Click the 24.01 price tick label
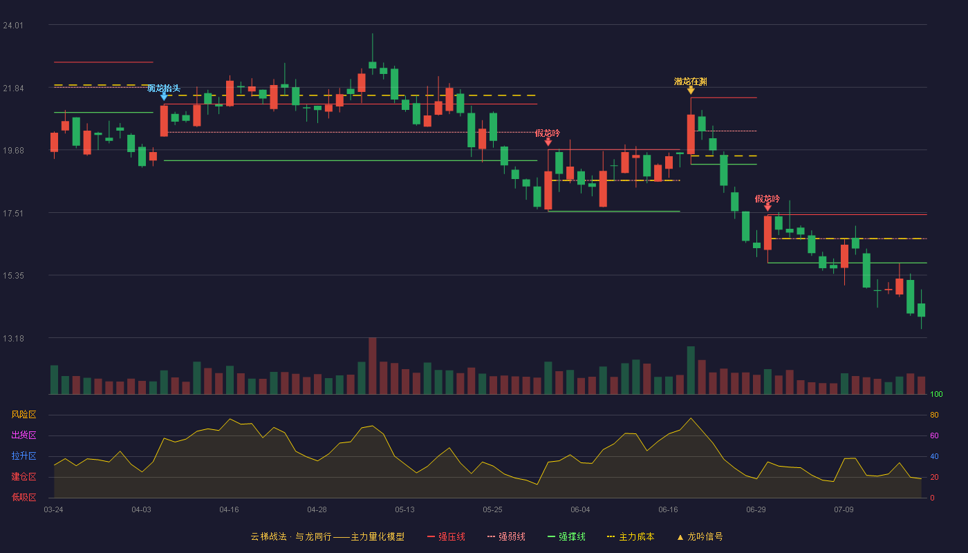point(13,26)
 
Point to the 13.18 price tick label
point(13,338)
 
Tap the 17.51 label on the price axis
point(13,214)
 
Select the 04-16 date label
point(229,510)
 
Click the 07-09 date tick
point(844,510)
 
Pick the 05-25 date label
point(492,510)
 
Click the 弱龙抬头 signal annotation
point(164,88)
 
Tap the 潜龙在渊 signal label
point(691,82)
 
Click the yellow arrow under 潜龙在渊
point(691,90)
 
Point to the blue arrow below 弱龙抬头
point(164,97)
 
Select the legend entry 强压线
point(446,536)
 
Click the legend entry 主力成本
point(631,536)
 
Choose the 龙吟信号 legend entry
point(700,536)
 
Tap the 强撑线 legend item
point(566,536)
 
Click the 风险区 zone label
point(24,415)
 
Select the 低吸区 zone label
point(24,498)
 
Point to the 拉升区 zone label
point(24,456)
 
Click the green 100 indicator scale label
point(936,394)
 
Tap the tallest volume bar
point(373,366)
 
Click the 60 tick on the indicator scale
point(934,435)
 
